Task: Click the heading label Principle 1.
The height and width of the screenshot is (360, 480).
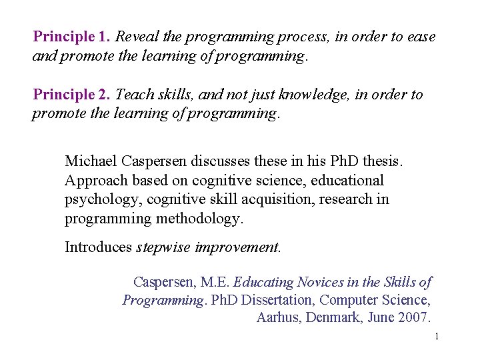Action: coord(72,37)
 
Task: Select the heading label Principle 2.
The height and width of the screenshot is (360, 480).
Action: coord(72,95)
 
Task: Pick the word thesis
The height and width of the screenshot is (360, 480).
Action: coord(384,161)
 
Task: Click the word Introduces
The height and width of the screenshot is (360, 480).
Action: coord(99,247)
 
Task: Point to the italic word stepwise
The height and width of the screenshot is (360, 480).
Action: coord(164,247)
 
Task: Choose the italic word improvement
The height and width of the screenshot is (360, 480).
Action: coord(238,247)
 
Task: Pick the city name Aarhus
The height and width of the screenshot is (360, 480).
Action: coord(279,317)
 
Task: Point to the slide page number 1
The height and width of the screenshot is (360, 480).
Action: coord(436,337)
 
